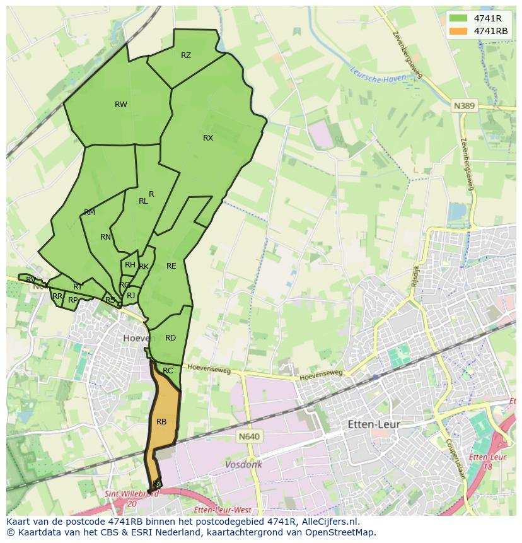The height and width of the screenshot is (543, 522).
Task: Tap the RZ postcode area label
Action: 186,55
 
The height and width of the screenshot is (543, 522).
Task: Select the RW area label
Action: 121,105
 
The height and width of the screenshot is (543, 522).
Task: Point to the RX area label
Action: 208,138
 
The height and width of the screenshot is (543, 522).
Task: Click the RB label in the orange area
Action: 161,422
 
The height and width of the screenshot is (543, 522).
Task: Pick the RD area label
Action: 170,338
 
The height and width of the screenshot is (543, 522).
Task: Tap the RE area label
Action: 171,266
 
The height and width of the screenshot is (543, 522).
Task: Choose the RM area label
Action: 90,213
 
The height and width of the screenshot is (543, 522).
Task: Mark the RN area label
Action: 105,237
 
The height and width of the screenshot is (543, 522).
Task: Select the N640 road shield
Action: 250,436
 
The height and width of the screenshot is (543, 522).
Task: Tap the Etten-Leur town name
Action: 374,424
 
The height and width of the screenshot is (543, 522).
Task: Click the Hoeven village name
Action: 139,338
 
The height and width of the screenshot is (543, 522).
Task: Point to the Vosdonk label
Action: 244,465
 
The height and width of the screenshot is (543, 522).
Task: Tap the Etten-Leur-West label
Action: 223,510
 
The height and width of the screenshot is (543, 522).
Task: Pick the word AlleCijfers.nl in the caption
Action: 328,522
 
